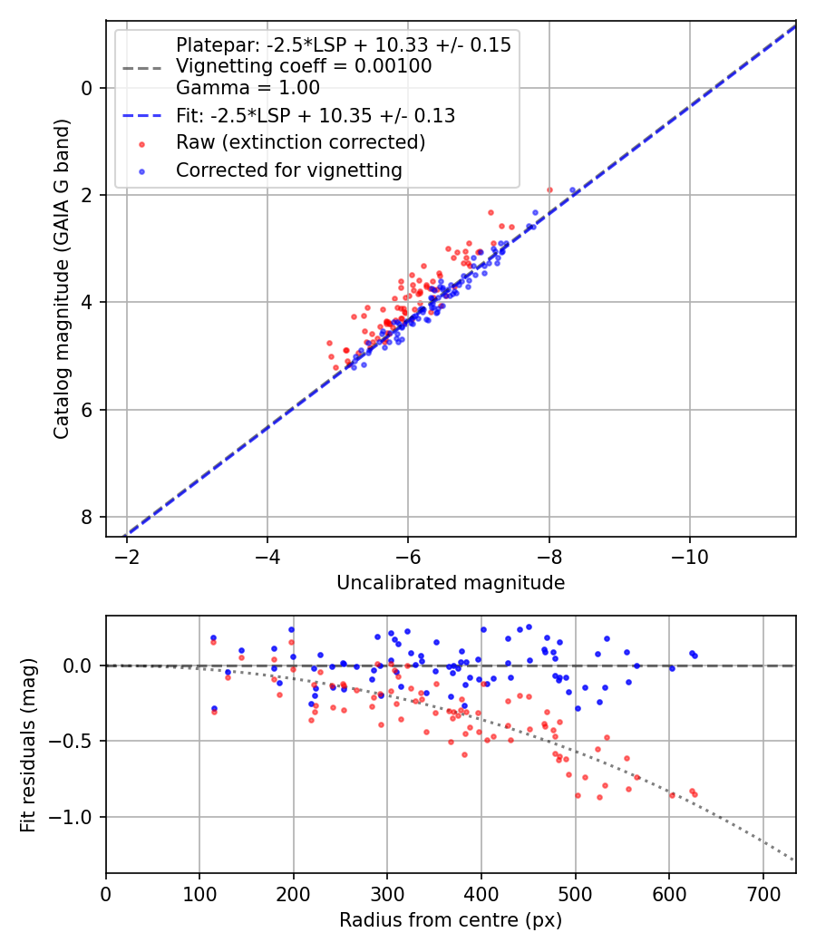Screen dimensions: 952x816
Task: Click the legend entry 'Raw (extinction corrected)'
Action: pos(300,142)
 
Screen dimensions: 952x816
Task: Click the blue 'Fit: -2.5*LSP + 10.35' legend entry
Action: pos(316,116)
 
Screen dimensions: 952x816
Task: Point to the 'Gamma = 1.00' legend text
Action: pos(248,88)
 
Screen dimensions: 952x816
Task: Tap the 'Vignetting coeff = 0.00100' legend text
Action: pos(304,66)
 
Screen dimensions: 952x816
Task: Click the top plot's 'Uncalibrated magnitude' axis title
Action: pos(451,583)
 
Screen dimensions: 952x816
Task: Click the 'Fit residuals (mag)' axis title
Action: pos(28,743)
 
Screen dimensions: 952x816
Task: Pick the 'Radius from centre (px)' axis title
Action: pos(451,920)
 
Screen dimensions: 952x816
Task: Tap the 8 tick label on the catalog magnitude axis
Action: pos(86,517)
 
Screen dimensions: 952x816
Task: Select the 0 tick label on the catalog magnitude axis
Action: pos(86,88)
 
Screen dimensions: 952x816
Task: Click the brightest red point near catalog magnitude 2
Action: pos(549,189)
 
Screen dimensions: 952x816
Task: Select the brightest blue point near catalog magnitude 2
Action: pos(572,190)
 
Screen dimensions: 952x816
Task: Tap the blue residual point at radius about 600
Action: pos(672,668)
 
